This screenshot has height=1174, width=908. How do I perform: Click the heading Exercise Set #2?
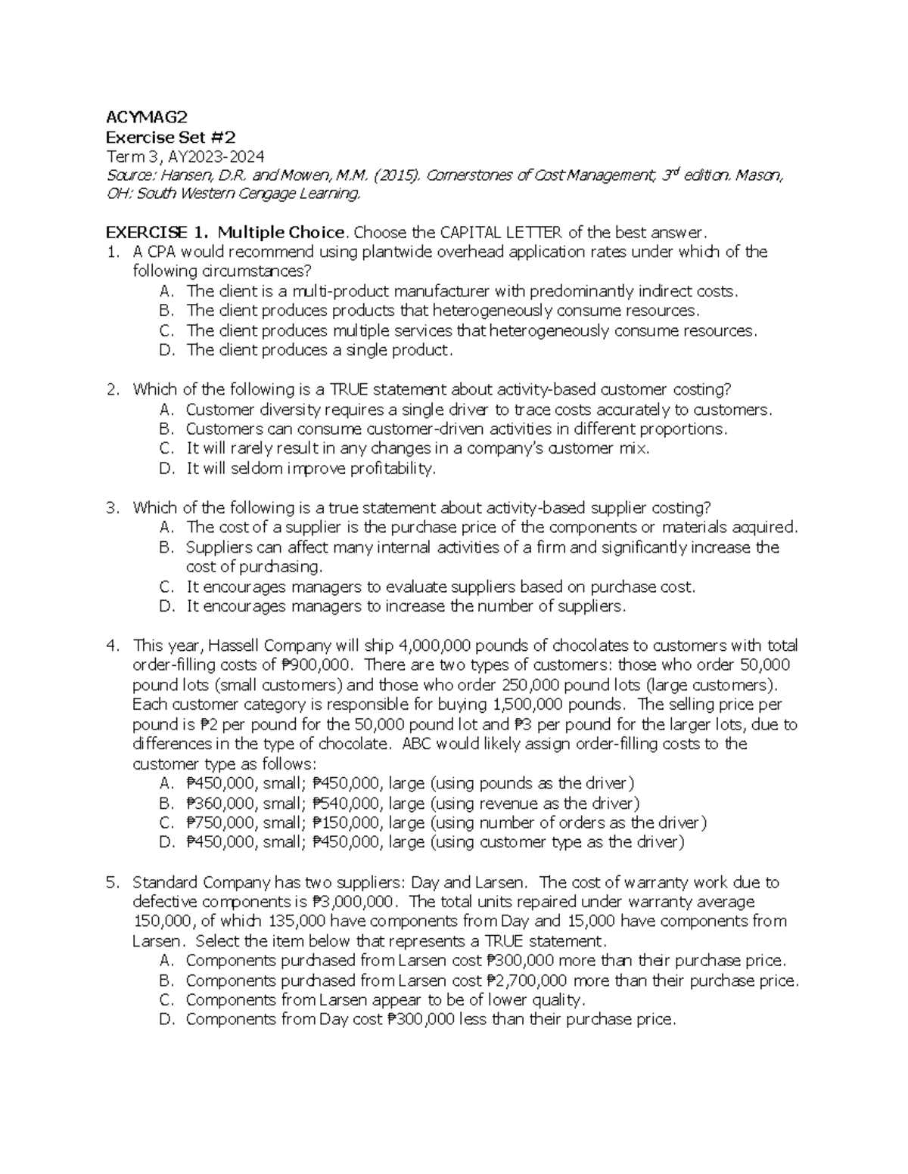click(x=170, y=137)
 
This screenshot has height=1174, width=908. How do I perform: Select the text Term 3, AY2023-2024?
click(x=185, y=156)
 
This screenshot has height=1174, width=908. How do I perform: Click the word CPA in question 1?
click(x=162, y=251)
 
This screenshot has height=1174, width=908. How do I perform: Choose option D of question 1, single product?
click(x=319, y=350)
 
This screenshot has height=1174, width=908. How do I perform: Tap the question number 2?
click(x=113, y=389)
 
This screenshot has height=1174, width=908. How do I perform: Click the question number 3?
click(x=113, y=507)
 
